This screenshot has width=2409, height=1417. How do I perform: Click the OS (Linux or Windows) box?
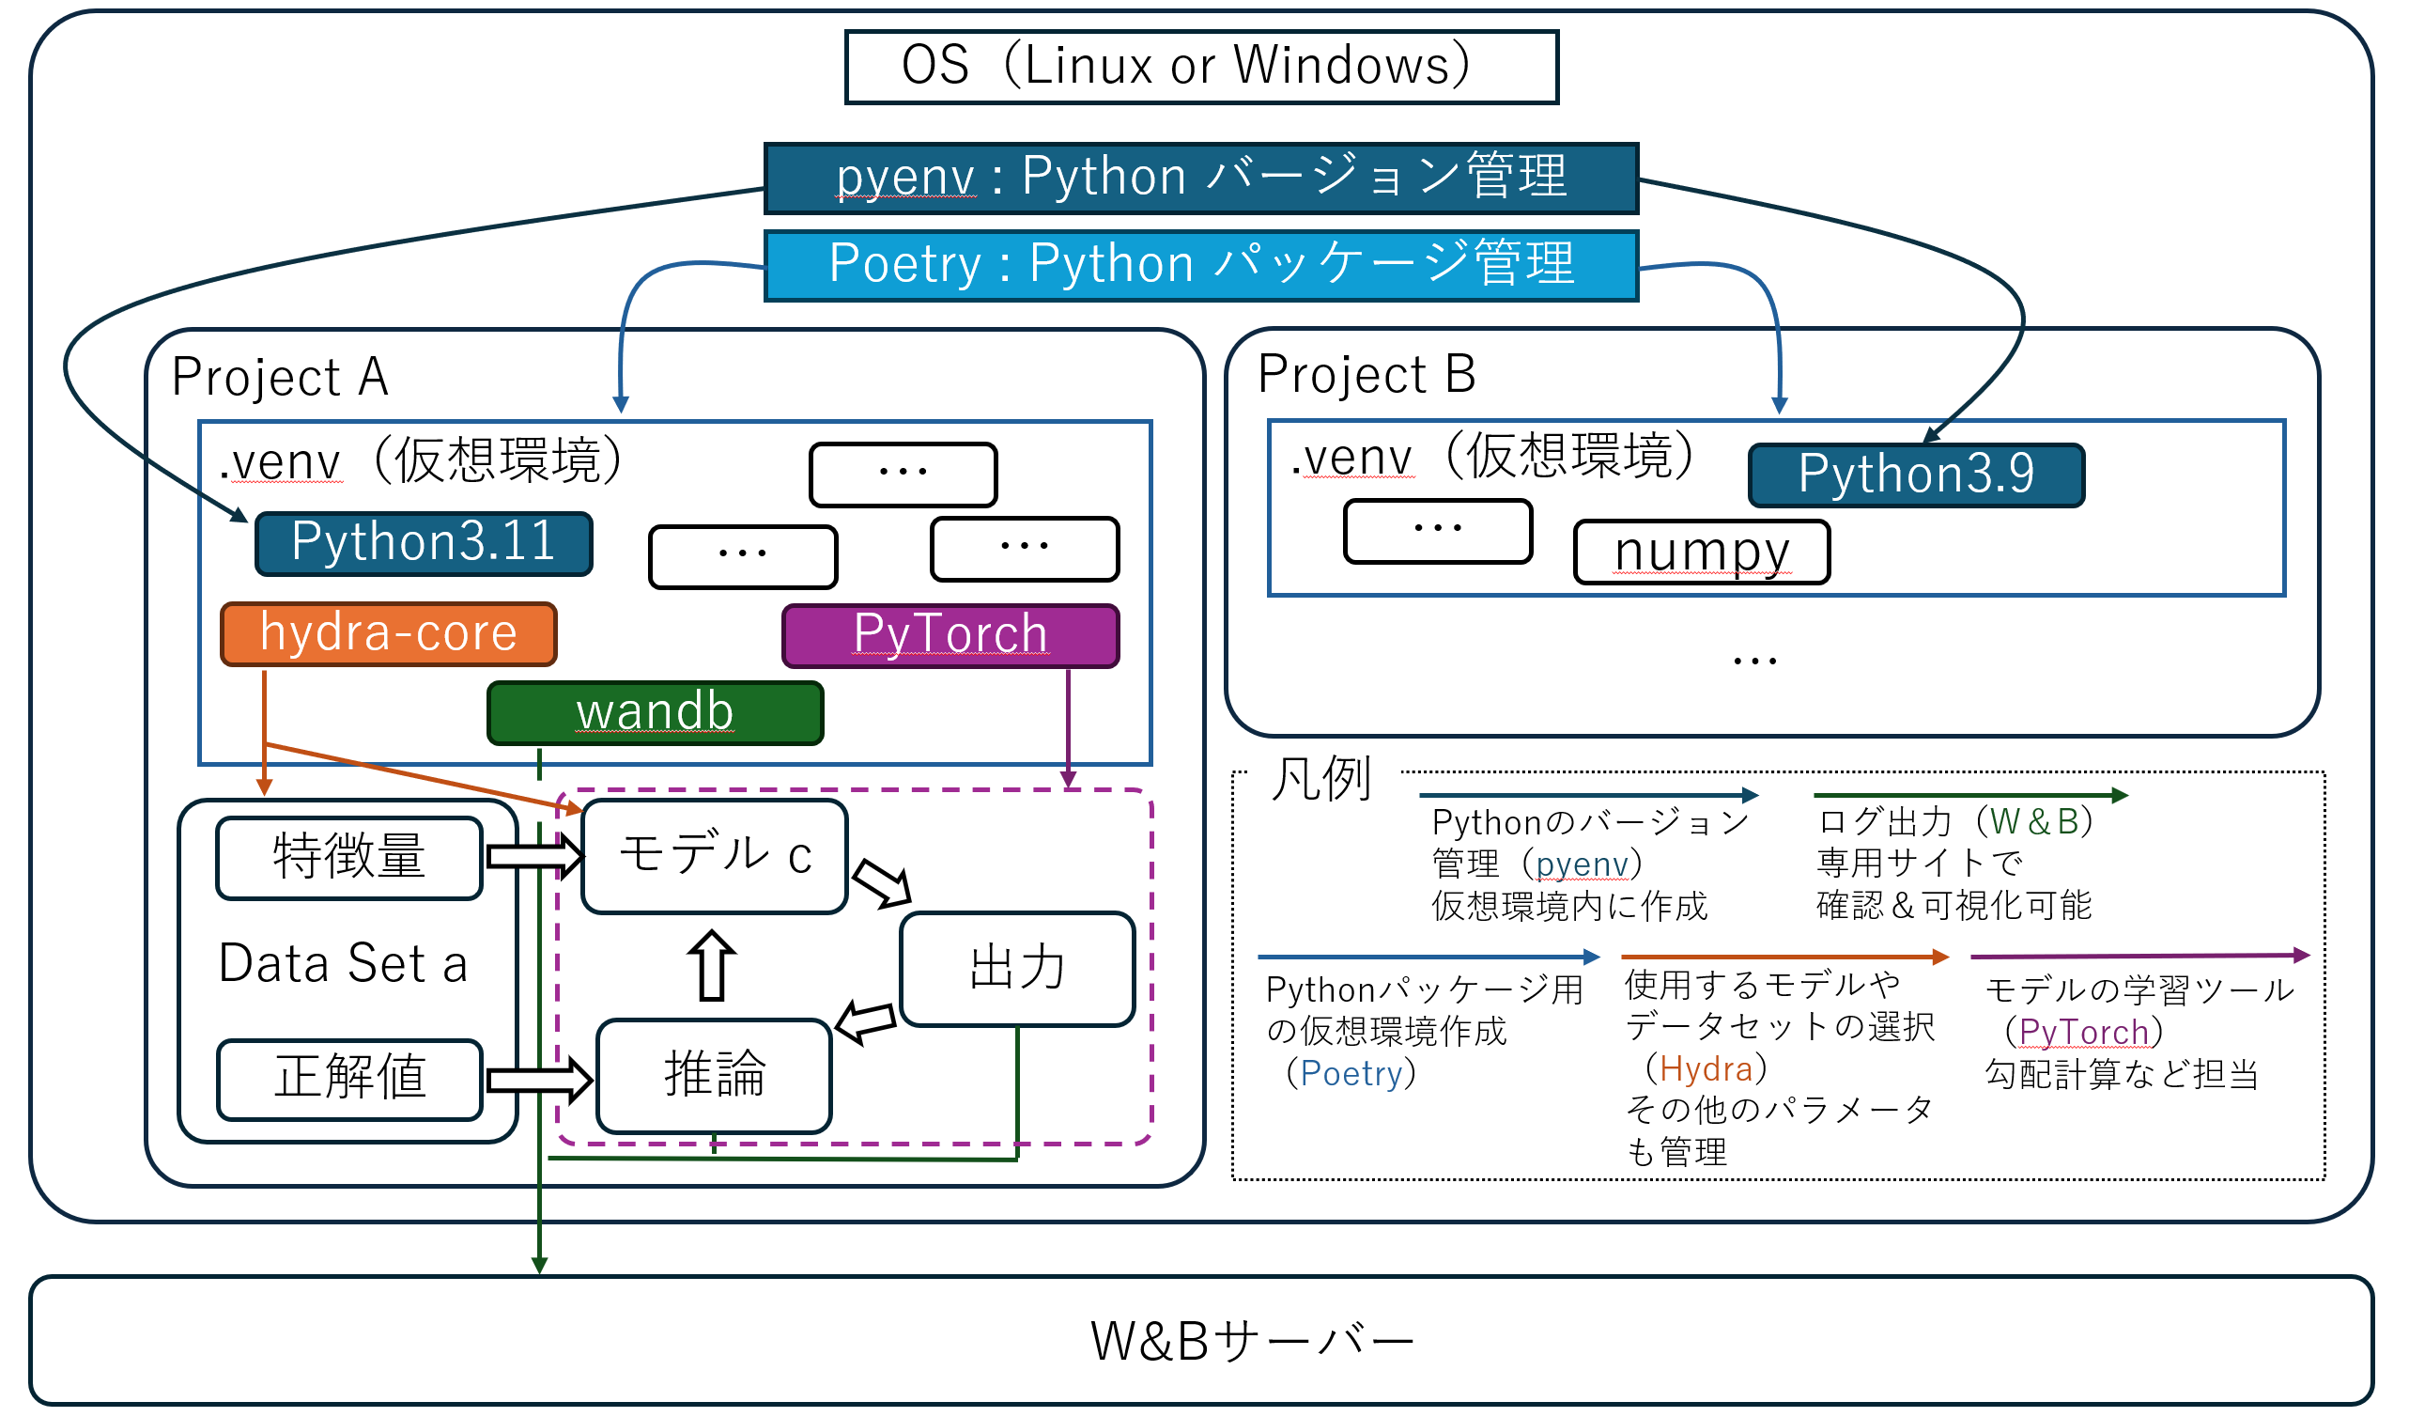coord(1201,67)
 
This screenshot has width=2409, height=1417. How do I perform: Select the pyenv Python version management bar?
coord(1201,178)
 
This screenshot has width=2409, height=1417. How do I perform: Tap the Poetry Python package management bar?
coord(1201,265)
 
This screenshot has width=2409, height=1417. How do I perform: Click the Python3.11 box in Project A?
coord(425,544)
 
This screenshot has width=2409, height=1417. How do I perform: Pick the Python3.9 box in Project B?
coord(1916,475)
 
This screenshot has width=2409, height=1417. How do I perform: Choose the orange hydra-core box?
coord(389,635)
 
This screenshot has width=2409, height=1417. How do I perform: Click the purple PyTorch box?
coord(950,636)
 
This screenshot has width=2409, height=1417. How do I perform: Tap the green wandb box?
coord(656,713)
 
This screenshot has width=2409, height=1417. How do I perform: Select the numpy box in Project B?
coord(1702,553)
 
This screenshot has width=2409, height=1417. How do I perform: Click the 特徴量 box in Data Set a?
coord(350,858)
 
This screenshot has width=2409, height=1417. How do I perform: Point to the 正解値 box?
coord(350,1080)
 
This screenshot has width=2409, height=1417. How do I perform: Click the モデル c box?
coord(715,857)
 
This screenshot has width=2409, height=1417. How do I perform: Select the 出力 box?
coord(1017,969)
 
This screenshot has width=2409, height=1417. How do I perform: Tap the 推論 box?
coord(714,1076)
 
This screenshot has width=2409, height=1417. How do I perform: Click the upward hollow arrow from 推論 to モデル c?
coord(712,966)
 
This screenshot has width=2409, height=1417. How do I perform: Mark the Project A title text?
coord(280,378)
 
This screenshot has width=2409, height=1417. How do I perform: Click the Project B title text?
coord(1367,375)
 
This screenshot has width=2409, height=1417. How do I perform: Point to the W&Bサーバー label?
coord(1252,1342)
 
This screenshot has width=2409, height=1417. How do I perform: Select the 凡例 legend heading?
coord(1321,779)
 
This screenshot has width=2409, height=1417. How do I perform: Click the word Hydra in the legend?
coord(1706,1069)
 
